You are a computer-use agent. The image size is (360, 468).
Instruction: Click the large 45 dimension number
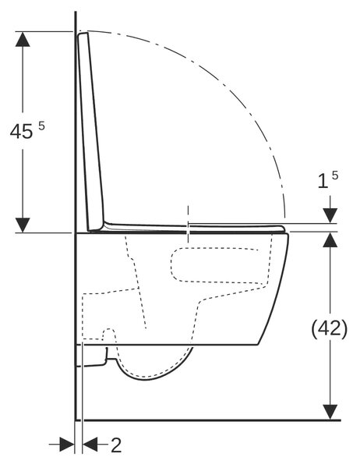[x=21, y=131]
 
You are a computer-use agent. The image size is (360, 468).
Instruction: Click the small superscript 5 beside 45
[x=41, y=126]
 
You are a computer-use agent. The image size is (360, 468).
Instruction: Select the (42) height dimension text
[x=330, y=328]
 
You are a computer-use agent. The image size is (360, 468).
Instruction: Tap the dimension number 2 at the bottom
[x=116, y=445]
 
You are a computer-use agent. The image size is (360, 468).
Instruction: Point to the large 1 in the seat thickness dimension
[x=323, y=181]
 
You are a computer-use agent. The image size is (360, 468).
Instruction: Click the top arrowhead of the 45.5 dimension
[x=23, y=39]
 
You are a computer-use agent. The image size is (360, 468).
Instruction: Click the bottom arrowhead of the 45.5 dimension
[x=23, y=225]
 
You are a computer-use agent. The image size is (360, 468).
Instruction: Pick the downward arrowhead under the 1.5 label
[x=330, y=215]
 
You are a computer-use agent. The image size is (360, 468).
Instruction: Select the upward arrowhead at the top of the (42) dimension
[x=330, y=240]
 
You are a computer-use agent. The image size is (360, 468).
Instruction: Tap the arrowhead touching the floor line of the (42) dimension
[x=330, y=412]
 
